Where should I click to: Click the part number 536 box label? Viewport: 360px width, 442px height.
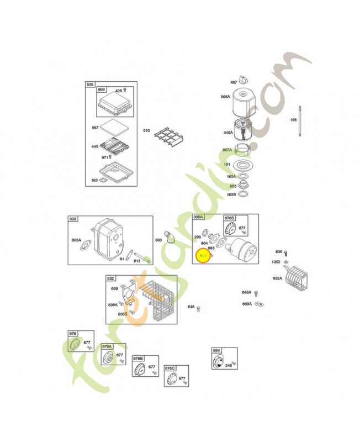90,84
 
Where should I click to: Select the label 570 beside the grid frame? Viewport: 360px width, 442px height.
146,130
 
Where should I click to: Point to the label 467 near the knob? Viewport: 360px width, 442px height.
233,82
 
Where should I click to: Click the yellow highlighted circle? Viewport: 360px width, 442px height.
204,256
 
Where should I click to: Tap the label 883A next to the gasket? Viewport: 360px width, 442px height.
77,240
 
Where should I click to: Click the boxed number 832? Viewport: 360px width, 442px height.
111,278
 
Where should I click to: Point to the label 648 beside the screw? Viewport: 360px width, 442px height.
190,307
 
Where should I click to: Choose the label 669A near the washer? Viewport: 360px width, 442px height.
246,303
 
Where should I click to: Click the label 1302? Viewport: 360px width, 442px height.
276,261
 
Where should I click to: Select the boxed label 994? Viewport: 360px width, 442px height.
217,350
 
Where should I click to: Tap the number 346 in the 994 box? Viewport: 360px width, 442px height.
228,365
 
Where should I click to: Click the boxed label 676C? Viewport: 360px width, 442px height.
170,368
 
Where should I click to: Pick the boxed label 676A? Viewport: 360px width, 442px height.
107,346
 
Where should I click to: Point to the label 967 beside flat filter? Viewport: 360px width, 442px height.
95,128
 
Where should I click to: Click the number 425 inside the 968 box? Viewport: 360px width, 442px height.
118,90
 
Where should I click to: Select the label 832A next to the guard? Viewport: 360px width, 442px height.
277,278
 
